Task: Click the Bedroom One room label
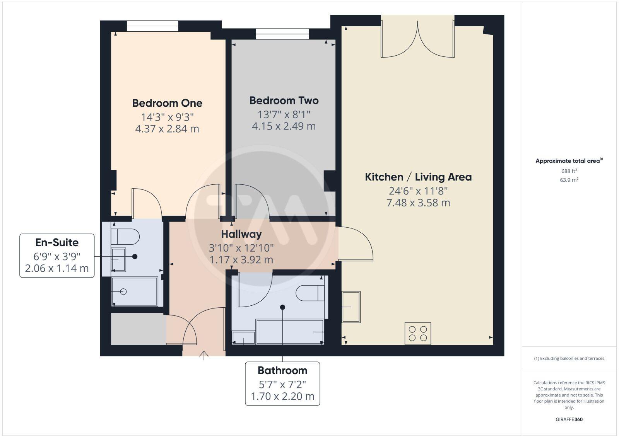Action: [x=167, y=103]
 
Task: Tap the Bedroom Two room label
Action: [x=284, y=101]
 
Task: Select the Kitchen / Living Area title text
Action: [x=418, y=177]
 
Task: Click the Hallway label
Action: [x=241, y=234]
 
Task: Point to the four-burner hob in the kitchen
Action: [x=418, y=333]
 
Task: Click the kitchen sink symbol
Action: [x=351, y=307]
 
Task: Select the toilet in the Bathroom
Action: [x=310, y=293]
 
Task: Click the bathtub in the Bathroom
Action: [x=290, y=332]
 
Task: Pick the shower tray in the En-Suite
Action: [x=134, y=291]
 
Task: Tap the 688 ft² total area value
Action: [x=569, y=171]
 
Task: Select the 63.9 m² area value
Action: [x=569, y=180]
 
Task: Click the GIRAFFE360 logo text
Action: [x=569, y=419]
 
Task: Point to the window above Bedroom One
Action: [x=152, y=26]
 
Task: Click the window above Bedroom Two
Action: [x=282, y=34]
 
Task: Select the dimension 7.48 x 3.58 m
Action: [x=418, y=203]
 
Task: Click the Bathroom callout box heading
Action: [x=282, y=371]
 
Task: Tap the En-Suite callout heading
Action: [x=57, y=243]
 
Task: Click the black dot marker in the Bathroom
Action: [x=283, y=307]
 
